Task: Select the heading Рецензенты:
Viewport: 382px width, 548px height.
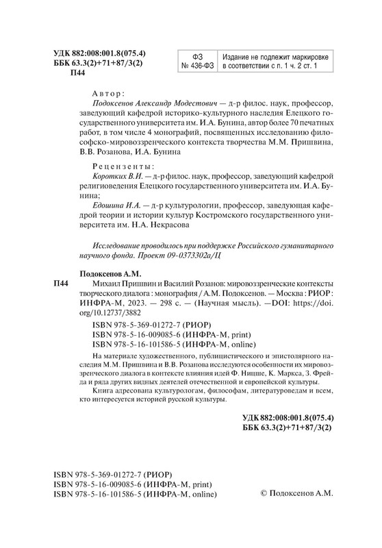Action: pyautogui.click(x=123, y=166)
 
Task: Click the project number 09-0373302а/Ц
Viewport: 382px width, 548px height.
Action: pyautogui.click(x=187, y=254)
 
